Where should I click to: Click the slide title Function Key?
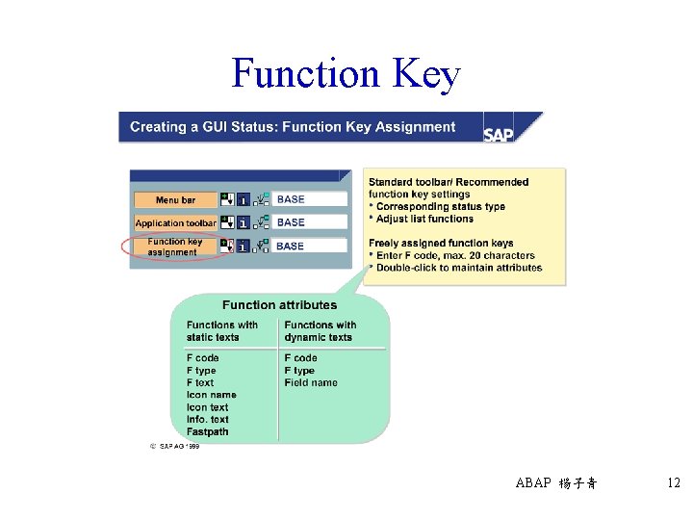tap(346, 74)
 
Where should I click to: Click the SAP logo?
tap(499, 134)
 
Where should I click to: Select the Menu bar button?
tap(174, 200)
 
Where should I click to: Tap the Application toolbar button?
tap(175, 222)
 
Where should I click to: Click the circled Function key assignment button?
tap(174, 247)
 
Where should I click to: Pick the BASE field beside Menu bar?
tap(310, 199)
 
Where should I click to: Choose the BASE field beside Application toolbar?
tap(310, 222)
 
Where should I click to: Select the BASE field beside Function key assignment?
tap(310, 247)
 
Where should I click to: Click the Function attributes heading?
tap(279, 305)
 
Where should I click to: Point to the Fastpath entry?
tap(207, 432)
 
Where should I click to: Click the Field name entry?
tap(311, 382)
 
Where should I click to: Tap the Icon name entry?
tap(211, 395)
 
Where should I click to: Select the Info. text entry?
tap(207, 420)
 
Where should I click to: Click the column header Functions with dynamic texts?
tap(320, 331)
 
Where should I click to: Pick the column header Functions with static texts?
tap(221, 331)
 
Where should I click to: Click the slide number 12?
tap(673, 482)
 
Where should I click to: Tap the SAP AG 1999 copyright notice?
tap(173, 447)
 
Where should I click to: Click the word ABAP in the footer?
tap(532, 483)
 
